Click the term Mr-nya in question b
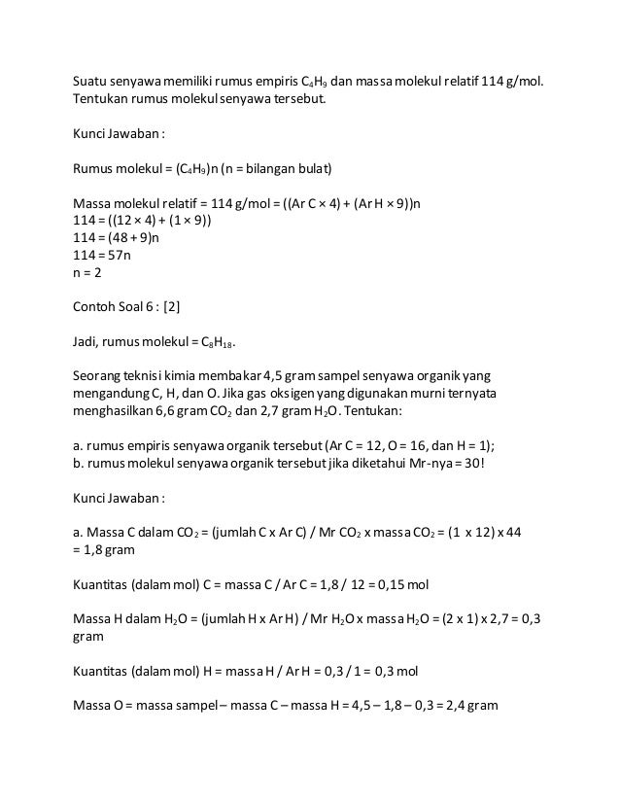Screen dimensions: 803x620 (x=419, y=462)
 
